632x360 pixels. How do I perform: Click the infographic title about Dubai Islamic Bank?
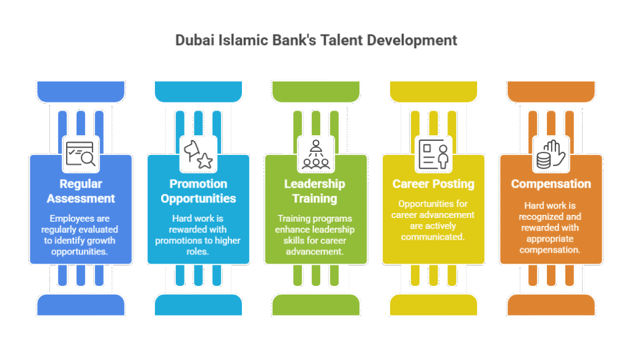[316, 41]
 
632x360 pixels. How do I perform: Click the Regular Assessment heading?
[81, 191]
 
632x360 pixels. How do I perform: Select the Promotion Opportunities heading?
[198, 191]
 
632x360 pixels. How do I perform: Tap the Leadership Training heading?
[315, 191]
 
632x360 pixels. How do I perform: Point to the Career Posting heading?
[433, 184]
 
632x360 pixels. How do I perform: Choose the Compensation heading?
[551, 184]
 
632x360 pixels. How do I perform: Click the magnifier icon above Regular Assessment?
[81, 154]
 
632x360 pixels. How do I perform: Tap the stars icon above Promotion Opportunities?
[198, 154]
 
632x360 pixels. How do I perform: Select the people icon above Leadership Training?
[315, 154]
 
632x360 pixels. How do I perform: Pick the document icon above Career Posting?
[433, 154]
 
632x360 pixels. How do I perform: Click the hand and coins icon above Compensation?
[551, 154]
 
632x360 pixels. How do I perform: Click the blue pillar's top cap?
[81, 92]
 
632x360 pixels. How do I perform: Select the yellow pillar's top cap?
[433, 92]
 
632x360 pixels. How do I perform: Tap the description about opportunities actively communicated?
[433, 220]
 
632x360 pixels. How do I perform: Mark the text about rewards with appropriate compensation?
[551, 227]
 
